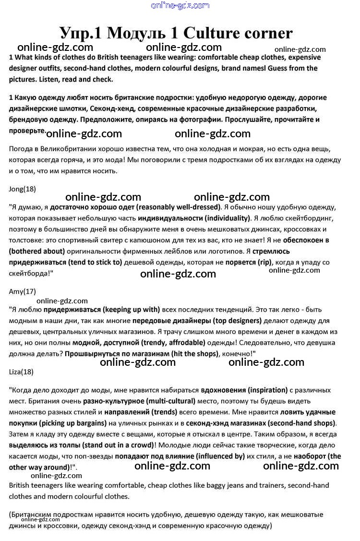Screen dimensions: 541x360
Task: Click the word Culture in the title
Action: pos(213,33)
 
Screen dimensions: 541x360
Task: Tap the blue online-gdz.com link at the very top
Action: pos(180,6)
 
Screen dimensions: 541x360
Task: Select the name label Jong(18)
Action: pos(23,189)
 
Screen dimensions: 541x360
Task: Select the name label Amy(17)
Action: pos(23,291)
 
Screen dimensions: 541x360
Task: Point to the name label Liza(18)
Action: pos(22,372)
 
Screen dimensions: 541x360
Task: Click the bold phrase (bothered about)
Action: pos(37,251)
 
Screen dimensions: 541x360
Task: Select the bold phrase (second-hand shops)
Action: pos(302,423)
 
